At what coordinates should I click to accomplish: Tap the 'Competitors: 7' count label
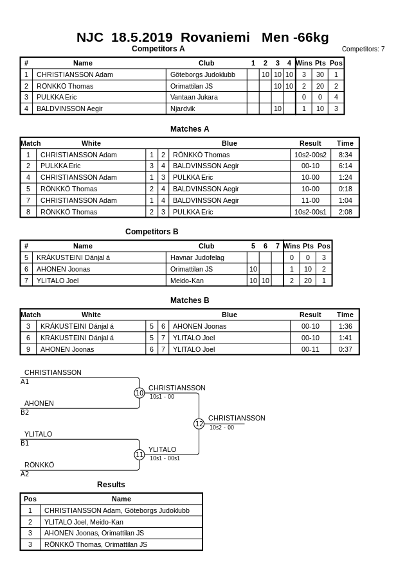click(363, 49)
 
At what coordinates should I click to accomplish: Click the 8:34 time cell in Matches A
click(345, 155)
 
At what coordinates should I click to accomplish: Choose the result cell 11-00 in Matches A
click(310, 200)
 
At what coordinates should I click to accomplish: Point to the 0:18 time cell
click(345, 189)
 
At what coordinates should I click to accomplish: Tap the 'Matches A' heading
click(190, 129)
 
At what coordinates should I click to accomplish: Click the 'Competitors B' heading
click(152, 232)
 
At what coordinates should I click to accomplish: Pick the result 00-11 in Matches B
click(310, 349)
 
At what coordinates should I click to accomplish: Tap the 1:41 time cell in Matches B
click(345, 338)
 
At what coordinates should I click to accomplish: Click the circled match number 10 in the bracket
click(139, 393)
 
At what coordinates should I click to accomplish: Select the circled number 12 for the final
click(199, 424)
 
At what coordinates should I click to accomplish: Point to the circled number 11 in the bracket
click(139, 455)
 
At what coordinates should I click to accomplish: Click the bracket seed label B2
click(25, 412)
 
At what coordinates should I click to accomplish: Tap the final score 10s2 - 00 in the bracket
click(222, 428)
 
